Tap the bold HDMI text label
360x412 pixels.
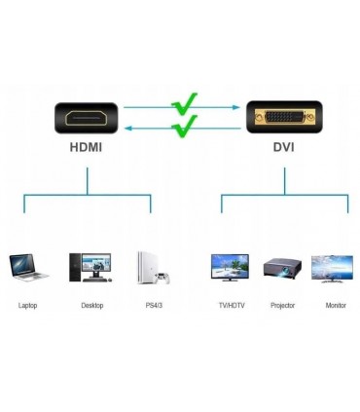tap(87, 149)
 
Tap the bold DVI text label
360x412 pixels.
tap(284, 149)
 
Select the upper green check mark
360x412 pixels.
tap(184, 101)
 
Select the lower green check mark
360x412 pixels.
tap(184, 125)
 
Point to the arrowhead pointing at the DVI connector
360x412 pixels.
tap(236, 108)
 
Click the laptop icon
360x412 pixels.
tap(28, 267)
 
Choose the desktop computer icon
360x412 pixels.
tap(90, 267)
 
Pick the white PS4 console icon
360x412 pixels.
tap(152, 267)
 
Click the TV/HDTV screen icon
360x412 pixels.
tap(230, 267)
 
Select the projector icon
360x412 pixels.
tap(282, 268)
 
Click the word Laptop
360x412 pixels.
tap(28, 306)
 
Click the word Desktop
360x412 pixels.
tap(91, 306)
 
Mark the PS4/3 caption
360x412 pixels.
tap(153, 306)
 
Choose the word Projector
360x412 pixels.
tap(282, 306)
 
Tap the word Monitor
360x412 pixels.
tap(335, 306)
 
